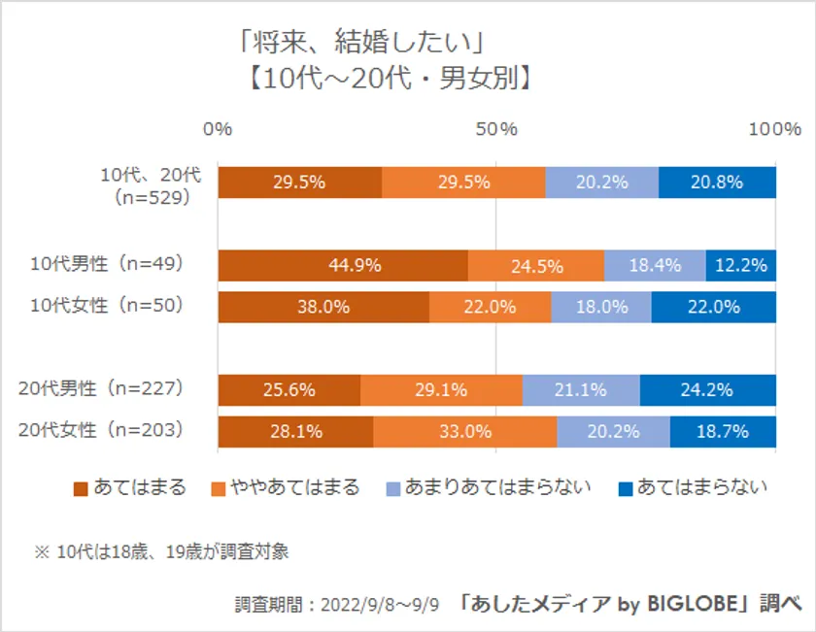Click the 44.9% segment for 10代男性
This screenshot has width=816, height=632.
342,265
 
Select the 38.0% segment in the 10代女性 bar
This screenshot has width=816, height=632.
323,307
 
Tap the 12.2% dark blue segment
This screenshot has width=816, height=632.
740,265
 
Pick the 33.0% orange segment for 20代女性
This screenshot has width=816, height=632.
464,432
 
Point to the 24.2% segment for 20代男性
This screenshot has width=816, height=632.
707,390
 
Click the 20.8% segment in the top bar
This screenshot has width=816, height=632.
717,182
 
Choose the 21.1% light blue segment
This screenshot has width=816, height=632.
581,390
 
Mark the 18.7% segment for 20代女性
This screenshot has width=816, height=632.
723,432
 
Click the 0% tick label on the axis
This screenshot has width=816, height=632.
218,129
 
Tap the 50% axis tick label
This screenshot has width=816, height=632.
496,129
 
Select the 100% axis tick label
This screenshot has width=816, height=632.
775,129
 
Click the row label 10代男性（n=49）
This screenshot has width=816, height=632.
107,263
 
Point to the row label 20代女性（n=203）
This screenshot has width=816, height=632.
102,430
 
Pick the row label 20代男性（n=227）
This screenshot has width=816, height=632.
102,388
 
